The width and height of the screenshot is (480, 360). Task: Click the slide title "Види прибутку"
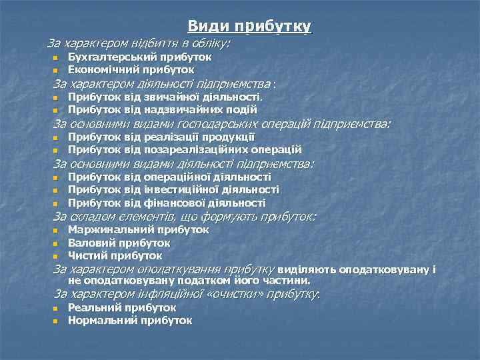(x=249, y=27)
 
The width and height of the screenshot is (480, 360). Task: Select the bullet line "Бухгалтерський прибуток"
(x=140, y=57)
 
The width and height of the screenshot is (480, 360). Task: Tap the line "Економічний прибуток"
(x=131, y=69)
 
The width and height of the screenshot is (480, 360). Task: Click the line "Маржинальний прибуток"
(x=138, y=230)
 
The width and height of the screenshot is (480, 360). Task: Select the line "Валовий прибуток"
(x=119, y=243)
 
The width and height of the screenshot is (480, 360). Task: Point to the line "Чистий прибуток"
(x=115, y=255)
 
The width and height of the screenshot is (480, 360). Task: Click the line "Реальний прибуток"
(x=122, y=308)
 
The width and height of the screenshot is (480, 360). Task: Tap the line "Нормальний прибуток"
(x=130, y=321)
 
